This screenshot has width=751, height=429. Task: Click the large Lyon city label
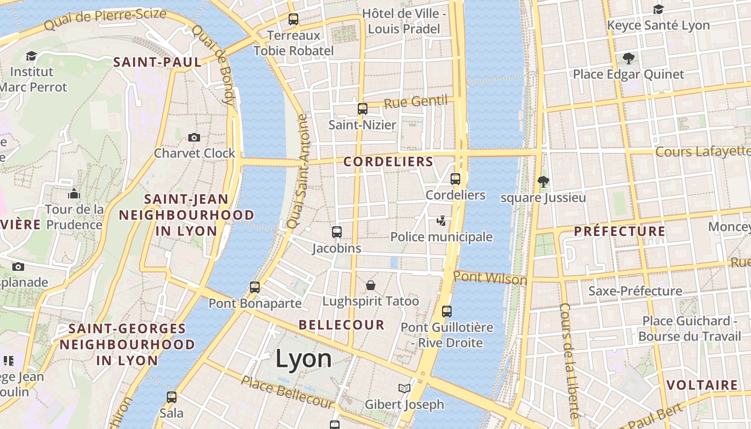click(x=304, y=358)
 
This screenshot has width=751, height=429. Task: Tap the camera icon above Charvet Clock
click(x=194, y=138)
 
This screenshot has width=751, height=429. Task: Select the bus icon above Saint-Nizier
click(x=363, y=109)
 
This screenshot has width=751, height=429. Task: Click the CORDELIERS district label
click(x=388, y=161)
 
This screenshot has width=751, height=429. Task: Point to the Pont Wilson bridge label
click(x=490, y=278)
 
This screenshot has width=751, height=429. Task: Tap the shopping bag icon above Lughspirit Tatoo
click(x=370, y=285)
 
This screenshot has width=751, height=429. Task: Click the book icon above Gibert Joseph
click(x=404, y=388)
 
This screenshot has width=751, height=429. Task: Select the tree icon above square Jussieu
click(x=543, y=182)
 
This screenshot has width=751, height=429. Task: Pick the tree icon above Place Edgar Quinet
click(x=628, y=58)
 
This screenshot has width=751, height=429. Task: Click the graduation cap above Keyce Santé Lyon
click(x=658, y=9)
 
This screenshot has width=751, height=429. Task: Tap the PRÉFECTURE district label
click(x=620, y=232)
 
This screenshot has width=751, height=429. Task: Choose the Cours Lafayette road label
click(x=703, y=152)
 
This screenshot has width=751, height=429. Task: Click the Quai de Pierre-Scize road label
click(x=105, y=19)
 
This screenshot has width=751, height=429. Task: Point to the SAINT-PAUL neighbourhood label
click(x=157, y=62)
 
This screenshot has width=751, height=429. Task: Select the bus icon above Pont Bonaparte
click(x=255, y=287)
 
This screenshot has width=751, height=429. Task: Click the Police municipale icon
click(x=441, y=220)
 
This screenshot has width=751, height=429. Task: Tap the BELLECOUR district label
click(x=342, y=324)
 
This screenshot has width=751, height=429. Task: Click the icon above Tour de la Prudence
click(x=74, y=194)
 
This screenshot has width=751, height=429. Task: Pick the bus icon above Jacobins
click(x=337, y=232)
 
